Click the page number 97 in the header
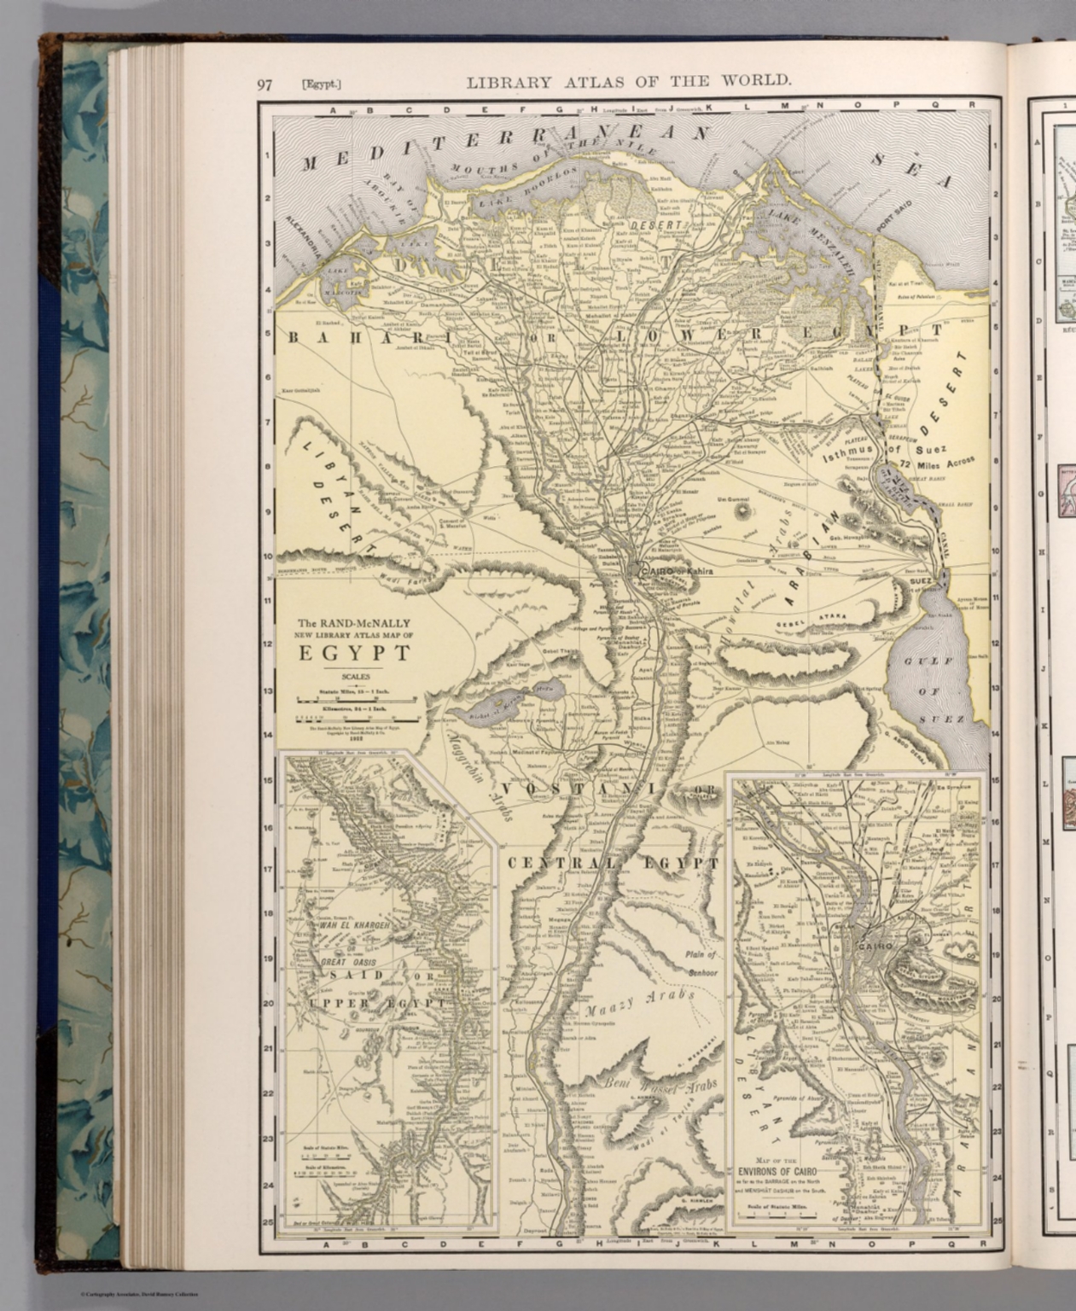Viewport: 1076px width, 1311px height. (264, 84)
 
